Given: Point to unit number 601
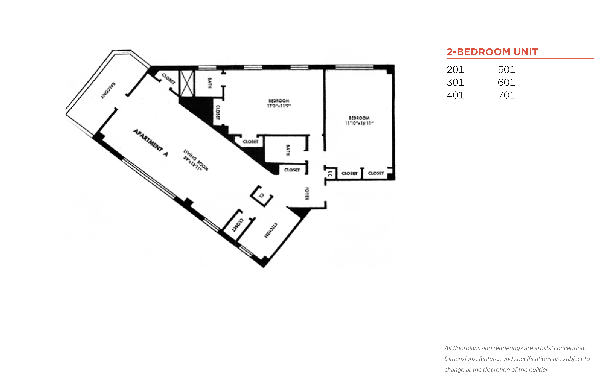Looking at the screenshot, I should (507, 83).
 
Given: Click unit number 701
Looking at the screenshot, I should (507, 95).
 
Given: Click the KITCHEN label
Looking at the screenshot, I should (271, 230).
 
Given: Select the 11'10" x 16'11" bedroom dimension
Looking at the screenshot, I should (359, 123).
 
